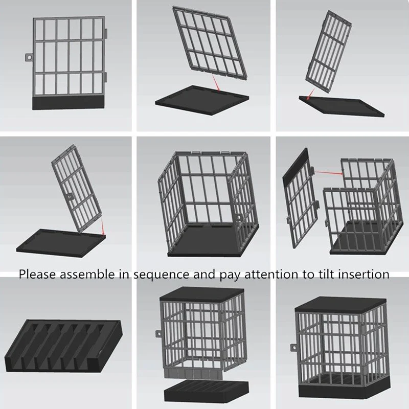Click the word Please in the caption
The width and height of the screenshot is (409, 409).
coord(37,275)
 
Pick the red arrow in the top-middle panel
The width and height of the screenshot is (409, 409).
coord(216,83)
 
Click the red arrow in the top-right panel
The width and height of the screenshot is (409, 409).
coord(310,94)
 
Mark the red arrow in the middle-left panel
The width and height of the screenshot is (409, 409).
coord(103,226)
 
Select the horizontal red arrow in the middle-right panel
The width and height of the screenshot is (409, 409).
coord(328,172)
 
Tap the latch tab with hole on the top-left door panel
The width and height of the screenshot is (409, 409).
coord(29,57)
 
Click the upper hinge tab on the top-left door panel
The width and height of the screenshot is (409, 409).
coord(106,33)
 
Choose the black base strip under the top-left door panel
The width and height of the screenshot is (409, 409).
coord(68,103)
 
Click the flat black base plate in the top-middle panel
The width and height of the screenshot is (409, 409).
coord(202,100)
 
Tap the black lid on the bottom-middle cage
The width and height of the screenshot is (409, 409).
coord(202,294)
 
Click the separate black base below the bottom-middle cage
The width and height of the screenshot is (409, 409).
coord(206,391)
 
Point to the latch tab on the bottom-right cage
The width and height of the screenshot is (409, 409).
coord(294,348)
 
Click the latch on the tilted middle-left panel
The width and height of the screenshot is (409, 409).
coord(70,197)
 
